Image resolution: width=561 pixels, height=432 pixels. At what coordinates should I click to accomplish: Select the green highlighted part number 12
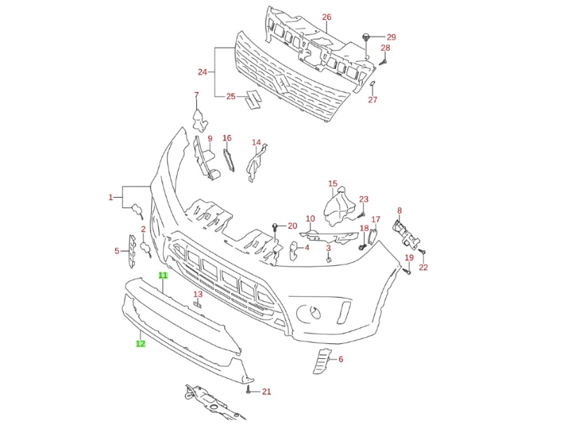point(141,344)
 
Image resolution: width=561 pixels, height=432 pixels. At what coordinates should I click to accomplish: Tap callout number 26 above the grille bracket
point(326,16)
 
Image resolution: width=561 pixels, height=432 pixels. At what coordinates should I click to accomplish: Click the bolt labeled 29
point(366,37)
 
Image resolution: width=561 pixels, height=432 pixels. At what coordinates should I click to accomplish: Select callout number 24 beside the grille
point(202,72)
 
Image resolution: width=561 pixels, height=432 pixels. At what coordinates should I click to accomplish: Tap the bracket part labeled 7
point(200,117)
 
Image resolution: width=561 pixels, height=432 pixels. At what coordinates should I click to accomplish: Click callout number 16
point(227,138)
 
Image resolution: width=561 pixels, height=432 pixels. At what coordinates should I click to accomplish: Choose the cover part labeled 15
point(339,206)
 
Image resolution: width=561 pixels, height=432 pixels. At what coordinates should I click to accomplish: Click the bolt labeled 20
point(274,227)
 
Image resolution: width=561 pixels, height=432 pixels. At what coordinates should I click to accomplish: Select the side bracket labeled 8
point(404,231)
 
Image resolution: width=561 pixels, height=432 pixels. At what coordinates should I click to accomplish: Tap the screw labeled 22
point(423,251)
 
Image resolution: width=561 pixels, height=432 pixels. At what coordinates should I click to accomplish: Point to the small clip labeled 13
point(198,305)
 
